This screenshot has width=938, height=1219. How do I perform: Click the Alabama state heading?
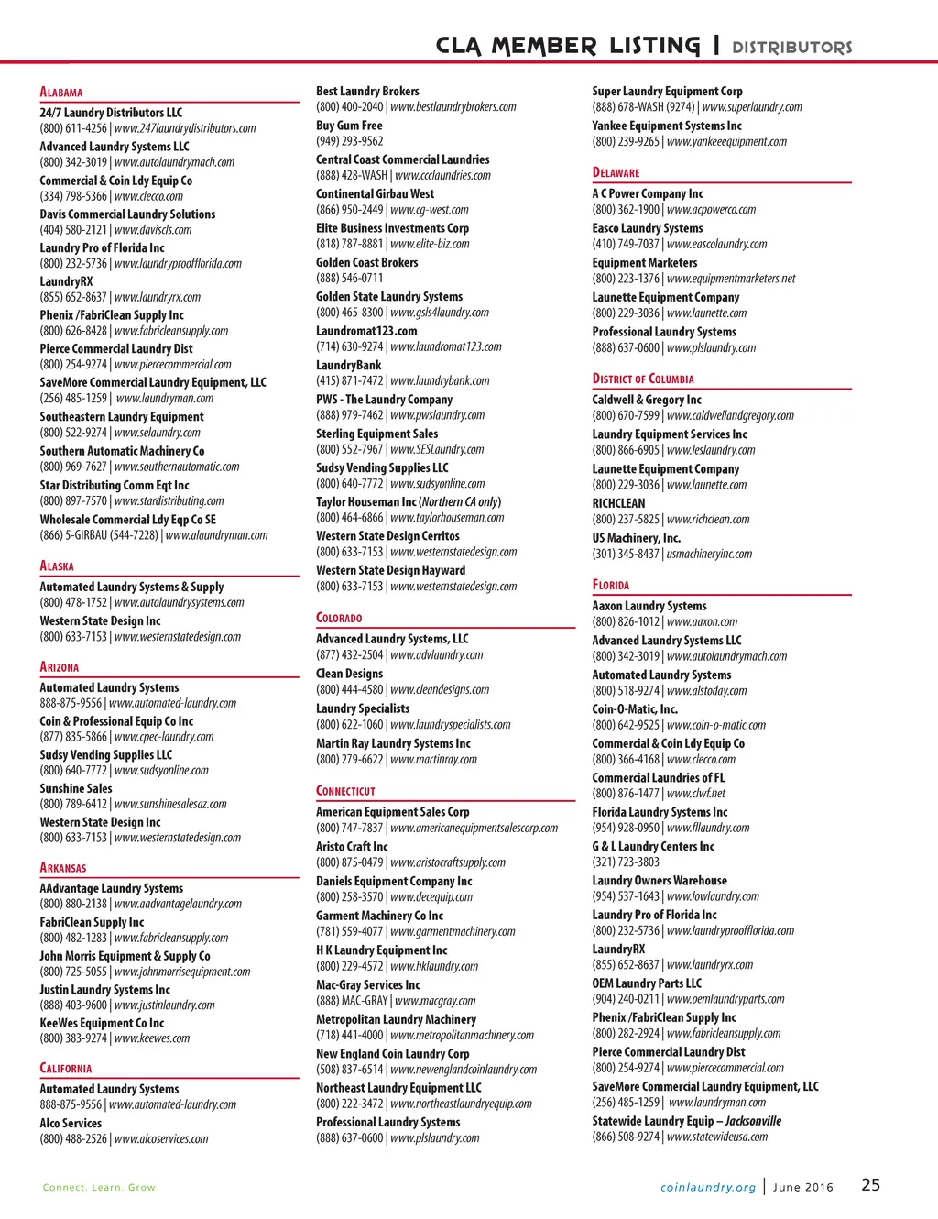pos(61,93)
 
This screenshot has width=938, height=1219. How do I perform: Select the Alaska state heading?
pos(57,566)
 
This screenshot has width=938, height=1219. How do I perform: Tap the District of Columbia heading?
pos(643,379)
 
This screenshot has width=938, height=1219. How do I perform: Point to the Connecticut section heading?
pos(345,791)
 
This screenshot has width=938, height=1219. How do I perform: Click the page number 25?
pos(870,1185)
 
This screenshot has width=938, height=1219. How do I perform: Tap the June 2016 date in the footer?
pos(803,1187)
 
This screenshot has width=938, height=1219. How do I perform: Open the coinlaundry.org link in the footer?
pos(708,1187)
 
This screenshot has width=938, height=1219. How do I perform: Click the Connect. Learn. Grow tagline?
pos(99,1187)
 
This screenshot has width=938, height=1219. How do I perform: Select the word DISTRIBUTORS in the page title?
pos(791,47)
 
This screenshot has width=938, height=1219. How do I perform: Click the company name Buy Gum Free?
pos(349,126)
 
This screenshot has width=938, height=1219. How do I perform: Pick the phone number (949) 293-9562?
pos(350,141)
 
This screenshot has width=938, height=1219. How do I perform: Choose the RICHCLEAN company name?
pos(618,503)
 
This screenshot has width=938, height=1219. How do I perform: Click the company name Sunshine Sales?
pos(76,788)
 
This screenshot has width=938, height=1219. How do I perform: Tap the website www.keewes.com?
pos(152,1038)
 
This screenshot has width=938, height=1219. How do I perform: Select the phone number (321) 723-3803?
pos(626,862)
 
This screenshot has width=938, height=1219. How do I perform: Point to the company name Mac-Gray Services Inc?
pos(368,984)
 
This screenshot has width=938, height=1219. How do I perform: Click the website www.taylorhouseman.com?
pos(447,518)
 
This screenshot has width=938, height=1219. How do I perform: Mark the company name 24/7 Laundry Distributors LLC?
pos(111,113)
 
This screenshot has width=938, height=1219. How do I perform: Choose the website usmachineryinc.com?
pos(709,554)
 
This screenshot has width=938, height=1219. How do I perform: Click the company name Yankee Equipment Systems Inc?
pos(667,126)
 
